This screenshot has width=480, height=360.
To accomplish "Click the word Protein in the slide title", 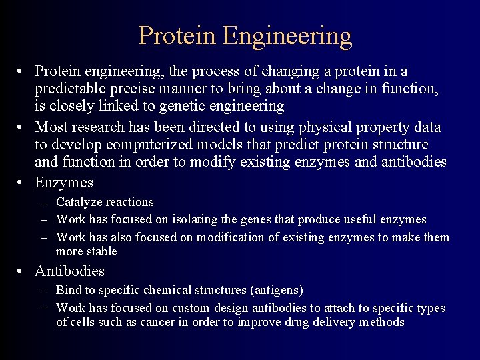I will [177, 35].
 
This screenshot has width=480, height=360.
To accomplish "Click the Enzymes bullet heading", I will [64, 183].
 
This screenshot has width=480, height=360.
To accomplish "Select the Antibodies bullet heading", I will [69, 271].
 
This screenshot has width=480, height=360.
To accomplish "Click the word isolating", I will [195, 219].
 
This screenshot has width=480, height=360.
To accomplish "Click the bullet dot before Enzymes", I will [22, 183].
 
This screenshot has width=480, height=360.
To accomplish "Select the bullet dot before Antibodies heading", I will [22, 271].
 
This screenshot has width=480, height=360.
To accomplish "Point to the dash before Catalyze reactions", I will [43, 202].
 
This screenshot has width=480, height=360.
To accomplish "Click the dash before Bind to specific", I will [43, 291].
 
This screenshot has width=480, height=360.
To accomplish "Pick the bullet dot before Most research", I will [22, 127].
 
